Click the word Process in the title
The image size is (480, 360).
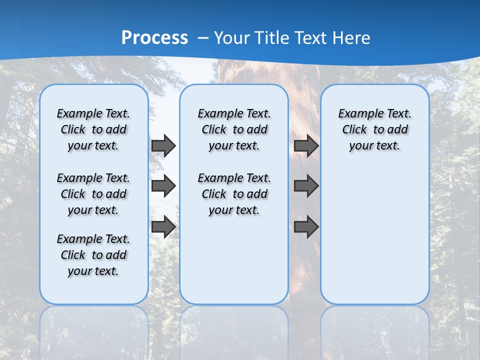pyautogui.click(x=154, y=37)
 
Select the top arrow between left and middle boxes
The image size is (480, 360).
pyautogui.click(x=163, y=146)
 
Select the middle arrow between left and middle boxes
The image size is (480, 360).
pyautogui.click(x=163, y=186)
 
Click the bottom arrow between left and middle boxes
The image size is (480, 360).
pyautogui.click(x=163, y=226)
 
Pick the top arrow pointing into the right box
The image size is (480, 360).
pyautogui.click(x=306, y=146)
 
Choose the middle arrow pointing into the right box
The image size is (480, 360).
pyautogui.click(x=306, y=186)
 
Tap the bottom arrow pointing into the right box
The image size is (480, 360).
pyautogui.click(x=306, y=226)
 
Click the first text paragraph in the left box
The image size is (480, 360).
pyautogui.click(x=93, y=129)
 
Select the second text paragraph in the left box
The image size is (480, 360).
pyautogui.click(x=93, y=194)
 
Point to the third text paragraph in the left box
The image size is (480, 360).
pyautogui.click(x=93, y=255)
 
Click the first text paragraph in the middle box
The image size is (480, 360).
pyautogui.click(x=234, y=129)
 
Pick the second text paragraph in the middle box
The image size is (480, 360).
pyautogui.click(x=234, y=194)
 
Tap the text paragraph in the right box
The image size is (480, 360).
pyautogui.click(x=374, y=129)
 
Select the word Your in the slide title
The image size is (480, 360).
pyautogui.click(x=232, y=38)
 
